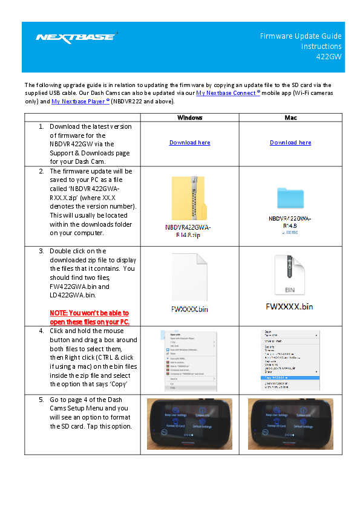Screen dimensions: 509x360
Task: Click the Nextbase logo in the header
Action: coord(76,37)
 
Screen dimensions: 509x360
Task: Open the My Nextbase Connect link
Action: coord(227,93)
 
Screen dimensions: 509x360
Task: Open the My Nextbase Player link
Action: coord(80,102)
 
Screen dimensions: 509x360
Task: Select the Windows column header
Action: coord(189,117)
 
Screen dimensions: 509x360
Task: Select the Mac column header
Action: coord(290,117)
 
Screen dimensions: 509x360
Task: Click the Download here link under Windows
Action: coord(189,143)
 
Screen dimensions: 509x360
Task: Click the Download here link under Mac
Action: coord(290,143)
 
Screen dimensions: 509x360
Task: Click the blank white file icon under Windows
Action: coord(189,276)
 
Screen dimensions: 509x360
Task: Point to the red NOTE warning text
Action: coord(89,317)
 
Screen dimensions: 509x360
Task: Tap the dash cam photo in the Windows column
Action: coord(189,423)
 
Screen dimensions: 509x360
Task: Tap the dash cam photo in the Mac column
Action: coord(290,423)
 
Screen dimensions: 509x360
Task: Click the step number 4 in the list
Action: coord(41,331)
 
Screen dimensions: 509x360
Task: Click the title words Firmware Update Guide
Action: coord(301,36)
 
